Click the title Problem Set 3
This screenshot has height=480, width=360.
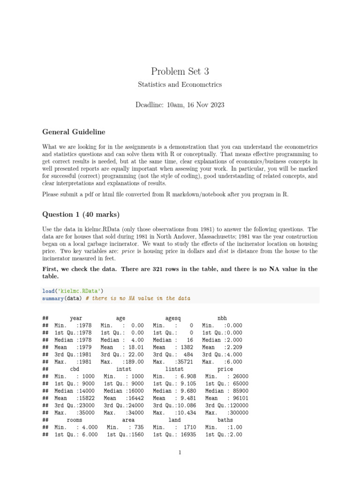coord(180,71)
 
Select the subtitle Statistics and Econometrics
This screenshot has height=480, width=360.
coord(180,85)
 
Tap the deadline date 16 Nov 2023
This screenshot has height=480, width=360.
coord(200,105)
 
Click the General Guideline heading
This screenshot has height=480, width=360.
coord(74,132)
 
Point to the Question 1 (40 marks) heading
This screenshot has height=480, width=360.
coord(81,215)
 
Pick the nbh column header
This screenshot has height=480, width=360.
coord(222,318)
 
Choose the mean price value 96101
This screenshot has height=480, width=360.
coord(239,398)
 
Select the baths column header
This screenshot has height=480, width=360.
coord(225,420)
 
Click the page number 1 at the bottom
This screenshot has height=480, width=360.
coord(180,452)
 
